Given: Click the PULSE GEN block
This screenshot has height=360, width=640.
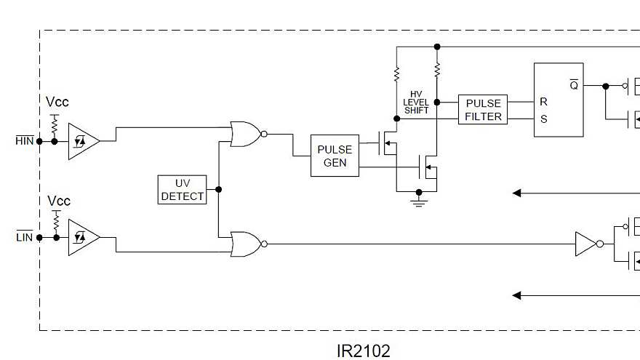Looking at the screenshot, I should tap(335, 156).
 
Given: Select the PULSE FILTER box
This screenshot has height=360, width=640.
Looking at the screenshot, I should tap(483, 110).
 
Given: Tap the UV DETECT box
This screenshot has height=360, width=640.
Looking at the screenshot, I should tap(183, 189).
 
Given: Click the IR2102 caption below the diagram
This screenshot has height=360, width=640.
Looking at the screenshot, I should tap(364, 351).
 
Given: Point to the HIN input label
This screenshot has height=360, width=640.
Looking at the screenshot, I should tap(25, 140).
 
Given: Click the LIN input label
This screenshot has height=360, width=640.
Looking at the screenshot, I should tap(25, 237).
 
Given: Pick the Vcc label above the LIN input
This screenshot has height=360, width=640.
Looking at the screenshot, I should tap(59, 201).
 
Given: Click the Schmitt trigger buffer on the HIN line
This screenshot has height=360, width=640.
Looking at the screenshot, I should tap(82, 141).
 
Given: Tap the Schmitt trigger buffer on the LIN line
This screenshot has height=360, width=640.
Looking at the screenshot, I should tap(82, 238).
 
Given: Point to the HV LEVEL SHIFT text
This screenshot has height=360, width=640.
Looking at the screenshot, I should tap(416, 103).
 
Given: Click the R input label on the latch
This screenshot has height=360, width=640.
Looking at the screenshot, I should tap(543, 102).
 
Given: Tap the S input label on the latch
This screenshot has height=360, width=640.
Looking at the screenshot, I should tap(543, 119).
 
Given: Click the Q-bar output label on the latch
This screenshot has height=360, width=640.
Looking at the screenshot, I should tap(574, 85).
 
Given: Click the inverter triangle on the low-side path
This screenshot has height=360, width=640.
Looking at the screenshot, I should tap(585, 244).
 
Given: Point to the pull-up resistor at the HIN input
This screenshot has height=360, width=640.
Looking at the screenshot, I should tap(54, 126).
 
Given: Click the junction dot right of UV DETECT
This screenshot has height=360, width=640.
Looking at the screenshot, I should tap(219, 189).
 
